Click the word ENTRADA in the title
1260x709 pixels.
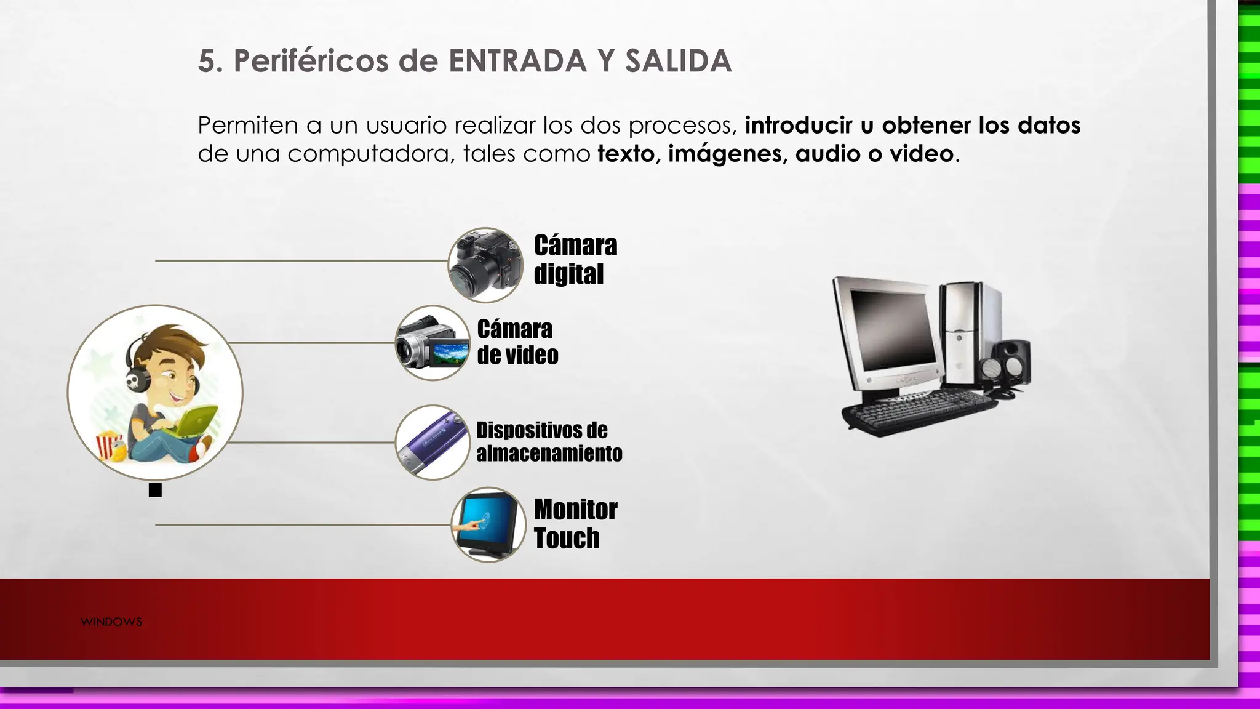pyautogui.click(x=517, y=61)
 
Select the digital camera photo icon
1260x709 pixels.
pyautogui.click(x=485, y=265)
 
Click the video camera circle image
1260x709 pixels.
pyautogui.click(x=433, y=343)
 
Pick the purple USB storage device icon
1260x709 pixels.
pyautogui.click(x=433, y=442)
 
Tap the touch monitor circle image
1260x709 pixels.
pyautogui.click(x=488, y=525)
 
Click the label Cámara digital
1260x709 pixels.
pyautogui.click(x=575, y=259)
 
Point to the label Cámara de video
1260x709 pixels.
pyautogui.click(x=517, y=342)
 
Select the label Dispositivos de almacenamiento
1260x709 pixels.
pyautogui.click(x=549, y=441)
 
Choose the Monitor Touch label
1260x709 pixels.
pyautogui.click(x=575, y=524)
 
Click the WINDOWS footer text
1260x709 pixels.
pyautogui.click(x=111, y=622)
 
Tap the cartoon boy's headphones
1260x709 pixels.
pyautogui.click(x=137, y=376)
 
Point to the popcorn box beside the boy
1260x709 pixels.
pyautogui.click(x=110, y=444)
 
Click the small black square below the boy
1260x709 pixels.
pyautogui.click(x=155, y=490)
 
